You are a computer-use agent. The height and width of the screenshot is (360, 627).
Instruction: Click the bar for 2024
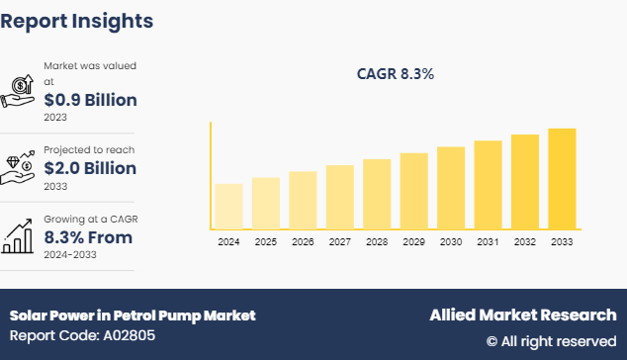(228, 207)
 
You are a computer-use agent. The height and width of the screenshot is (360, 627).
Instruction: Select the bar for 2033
(562, 179)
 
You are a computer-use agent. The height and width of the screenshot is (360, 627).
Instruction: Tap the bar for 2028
(377, 194)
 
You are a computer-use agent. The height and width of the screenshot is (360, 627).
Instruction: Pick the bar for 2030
(451, 188)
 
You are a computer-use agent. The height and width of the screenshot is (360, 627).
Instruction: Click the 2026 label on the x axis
(303, 242)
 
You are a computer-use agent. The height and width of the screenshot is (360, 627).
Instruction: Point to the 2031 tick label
(488, 242)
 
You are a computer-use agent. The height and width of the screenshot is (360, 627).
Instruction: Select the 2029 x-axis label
(413, 242)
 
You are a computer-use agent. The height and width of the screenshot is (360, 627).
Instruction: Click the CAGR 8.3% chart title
(396, 73)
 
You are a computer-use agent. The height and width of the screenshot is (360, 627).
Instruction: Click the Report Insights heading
(77, 20)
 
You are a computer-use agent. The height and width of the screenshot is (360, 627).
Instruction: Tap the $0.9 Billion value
(90, 100)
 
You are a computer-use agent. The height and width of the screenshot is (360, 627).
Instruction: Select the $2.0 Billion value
(90, 168)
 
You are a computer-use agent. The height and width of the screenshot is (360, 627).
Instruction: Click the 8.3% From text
(88, 237)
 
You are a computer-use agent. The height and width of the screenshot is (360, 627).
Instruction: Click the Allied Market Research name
(522, 315)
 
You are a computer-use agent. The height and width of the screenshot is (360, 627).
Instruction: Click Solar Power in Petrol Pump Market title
(133, 315)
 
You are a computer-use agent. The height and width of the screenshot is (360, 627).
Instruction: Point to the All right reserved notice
(551, 340)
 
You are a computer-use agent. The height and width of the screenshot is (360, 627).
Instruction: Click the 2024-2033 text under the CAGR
(71, 254)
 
